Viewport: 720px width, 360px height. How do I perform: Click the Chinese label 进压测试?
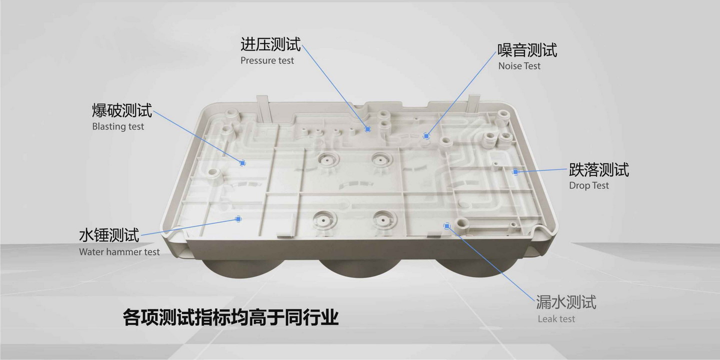(x=270, y=44)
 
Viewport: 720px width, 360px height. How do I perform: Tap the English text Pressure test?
(x=267, y=61)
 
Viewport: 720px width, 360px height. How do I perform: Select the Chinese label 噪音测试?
(x=527, y=50)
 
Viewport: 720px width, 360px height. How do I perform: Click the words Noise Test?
(x=519, y=66)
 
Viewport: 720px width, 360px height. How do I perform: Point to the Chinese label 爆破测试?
(x=122, y=110)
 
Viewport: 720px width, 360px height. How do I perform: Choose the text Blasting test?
(x=118, y=126)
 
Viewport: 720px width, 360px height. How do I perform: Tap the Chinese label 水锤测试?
(x=109, y=235)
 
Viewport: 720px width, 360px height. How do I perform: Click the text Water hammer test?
(x=119, y=252)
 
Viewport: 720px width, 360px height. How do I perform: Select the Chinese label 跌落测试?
(x=599, y=169)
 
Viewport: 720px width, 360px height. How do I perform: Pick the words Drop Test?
(x=589, y=186)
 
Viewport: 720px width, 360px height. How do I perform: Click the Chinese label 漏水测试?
(x=566, y=302)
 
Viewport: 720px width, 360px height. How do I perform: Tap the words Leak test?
(x=556, y=319)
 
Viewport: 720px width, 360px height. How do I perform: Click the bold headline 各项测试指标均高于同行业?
(x=231, y=317)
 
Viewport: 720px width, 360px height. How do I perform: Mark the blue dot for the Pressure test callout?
(x=367, y=129)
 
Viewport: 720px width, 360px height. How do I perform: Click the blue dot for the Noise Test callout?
(x=426, y=136)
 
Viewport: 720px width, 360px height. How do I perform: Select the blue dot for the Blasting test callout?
(x=242, y=163)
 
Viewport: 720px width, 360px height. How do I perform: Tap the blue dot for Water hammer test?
(x=238, y=219)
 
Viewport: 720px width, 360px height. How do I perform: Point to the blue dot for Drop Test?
(x=515, y=172)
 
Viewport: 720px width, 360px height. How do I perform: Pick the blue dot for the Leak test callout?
(x=447, y=226)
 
